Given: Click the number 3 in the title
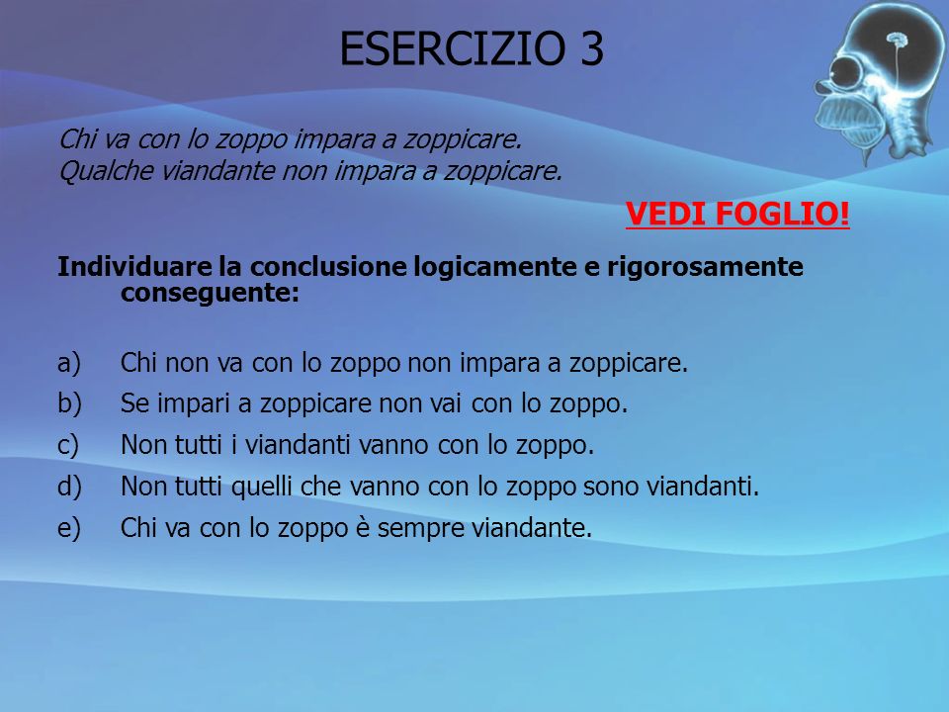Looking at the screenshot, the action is click(592, 48).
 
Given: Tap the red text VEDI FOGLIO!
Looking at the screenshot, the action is click(737, 214).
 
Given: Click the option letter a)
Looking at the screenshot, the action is click(69, 363).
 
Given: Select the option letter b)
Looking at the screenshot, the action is click(69, 403).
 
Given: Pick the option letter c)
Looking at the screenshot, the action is click(68, 445).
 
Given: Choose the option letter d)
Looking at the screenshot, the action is click(69, 487).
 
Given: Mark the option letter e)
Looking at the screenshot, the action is click(69, 528).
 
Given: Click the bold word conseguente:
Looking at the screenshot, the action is click(210, 293).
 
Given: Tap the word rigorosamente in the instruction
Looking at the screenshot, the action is click(705, 267).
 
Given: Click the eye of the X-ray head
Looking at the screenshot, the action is click(846, 72).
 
